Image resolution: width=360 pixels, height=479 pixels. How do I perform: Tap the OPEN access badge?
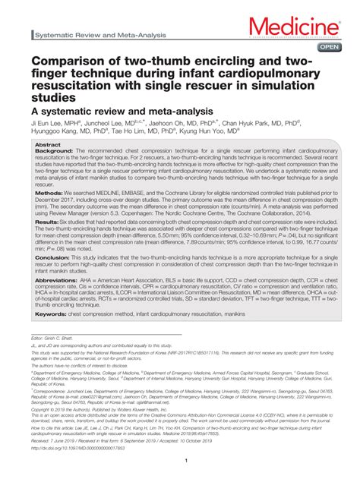coord(329,47)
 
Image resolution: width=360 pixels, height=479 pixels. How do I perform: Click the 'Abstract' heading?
coord(48,143)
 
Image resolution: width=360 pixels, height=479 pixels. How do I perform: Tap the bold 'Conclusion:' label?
coord(54,257)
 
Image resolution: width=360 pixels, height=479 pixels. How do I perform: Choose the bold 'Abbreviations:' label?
coord(58,279)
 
